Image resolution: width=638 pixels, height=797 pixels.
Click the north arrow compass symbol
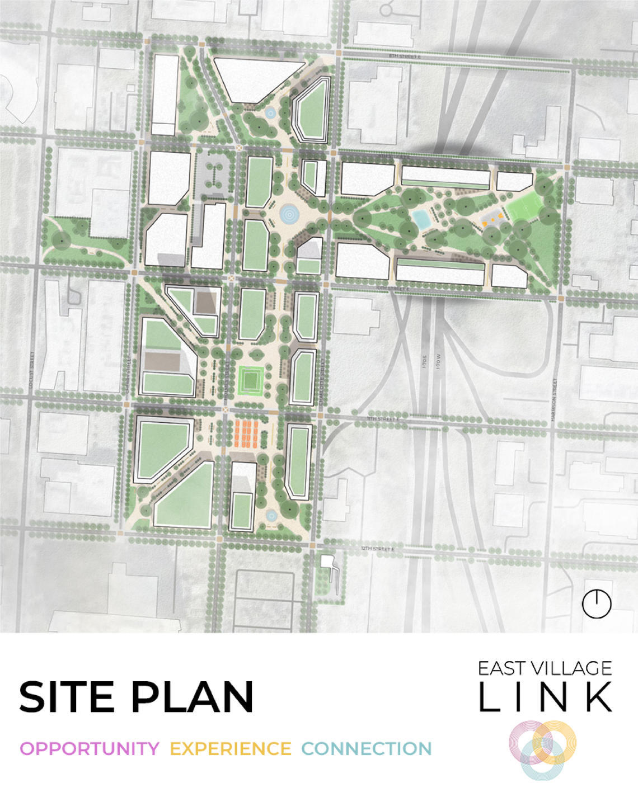point(597,603)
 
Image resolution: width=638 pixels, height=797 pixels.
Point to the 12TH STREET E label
point(378,550)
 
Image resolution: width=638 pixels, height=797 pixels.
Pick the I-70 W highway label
point(439,356)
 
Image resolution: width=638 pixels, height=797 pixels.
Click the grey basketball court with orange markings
point(491,219)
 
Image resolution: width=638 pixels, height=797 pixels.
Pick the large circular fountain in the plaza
point(290,213)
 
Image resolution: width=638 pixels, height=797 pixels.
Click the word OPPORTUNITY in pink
point(90,748)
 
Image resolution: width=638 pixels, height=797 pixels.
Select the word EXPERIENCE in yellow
point(230,748)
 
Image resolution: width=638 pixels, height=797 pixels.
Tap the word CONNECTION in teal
point(367,748)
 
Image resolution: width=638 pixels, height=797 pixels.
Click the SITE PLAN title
point(136,696)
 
